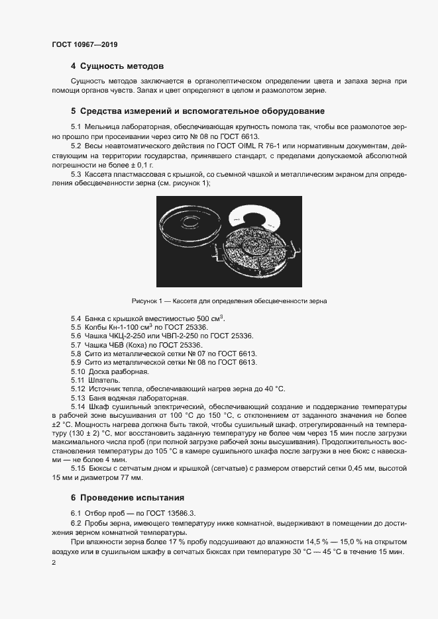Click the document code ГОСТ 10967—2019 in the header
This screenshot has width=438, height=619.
(84, 44)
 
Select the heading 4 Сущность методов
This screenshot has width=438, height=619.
(117, 66)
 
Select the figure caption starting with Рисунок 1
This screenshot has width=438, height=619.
(229, 301)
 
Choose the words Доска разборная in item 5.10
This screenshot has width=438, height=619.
(115, 372)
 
